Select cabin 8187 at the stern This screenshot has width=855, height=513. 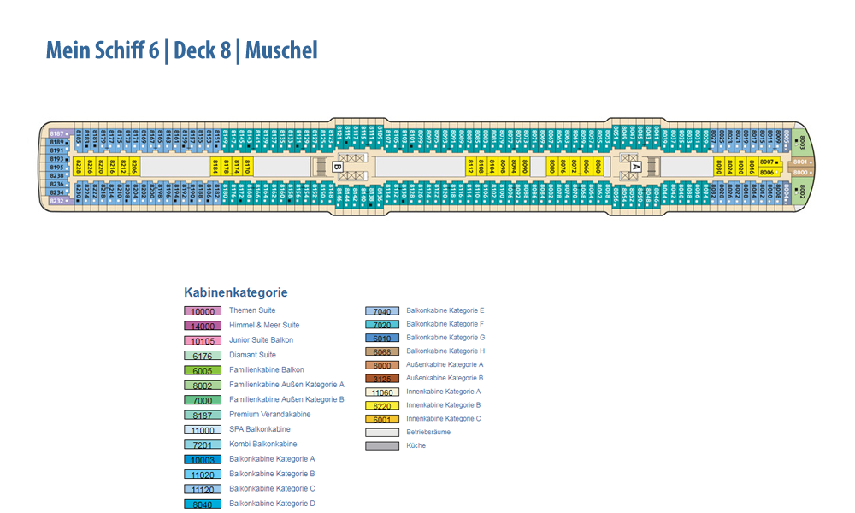(x=57, y=133)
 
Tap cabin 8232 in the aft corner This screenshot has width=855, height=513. (x=57, y=201)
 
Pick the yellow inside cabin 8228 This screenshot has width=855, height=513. (x=79, y=166)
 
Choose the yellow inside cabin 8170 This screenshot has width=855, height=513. (x=247, y=166)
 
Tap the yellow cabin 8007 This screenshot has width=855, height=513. (x=767, y=162)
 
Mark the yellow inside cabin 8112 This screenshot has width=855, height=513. (x=469, y=166)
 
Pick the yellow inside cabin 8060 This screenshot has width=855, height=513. (x=598, y=166)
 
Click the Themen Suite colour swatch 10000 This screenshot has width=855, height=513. (x=203, y=311)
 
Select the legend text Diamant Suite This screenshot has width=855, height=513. (x=252, y=355)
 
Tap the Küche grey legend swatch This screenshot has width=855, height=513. (x=382, y=445)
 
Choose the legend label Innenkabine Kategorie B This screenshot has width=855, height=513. (x=443, y=405)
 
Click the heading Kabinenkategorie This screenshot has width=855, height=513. (x=235, y=292)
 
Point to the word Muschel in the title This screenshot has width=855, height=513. (x=281, y=50)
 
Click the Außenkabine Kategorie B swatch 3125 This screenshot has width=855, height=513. (x=382, y=378)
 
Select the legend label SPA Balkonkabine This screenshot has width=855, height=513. (x=259, y=429)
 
